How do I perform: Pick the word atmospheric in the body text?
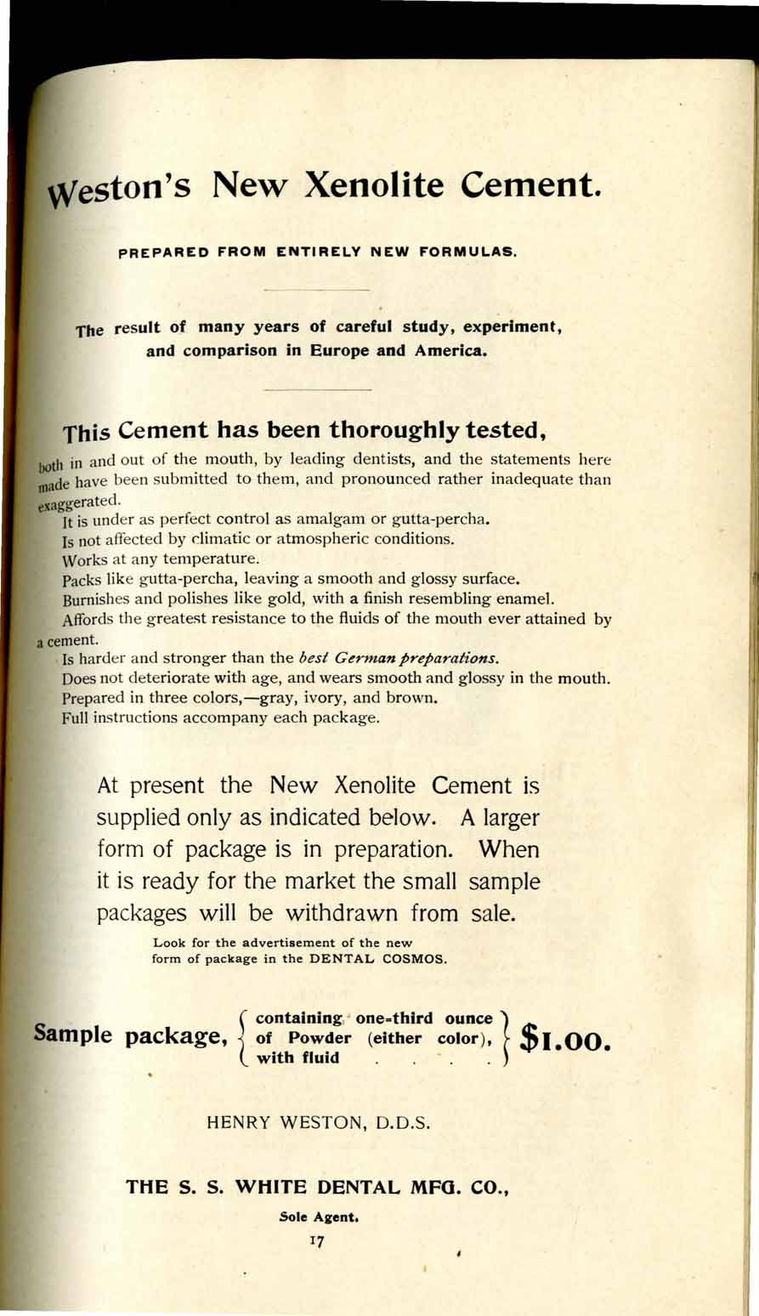[334, 539]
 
